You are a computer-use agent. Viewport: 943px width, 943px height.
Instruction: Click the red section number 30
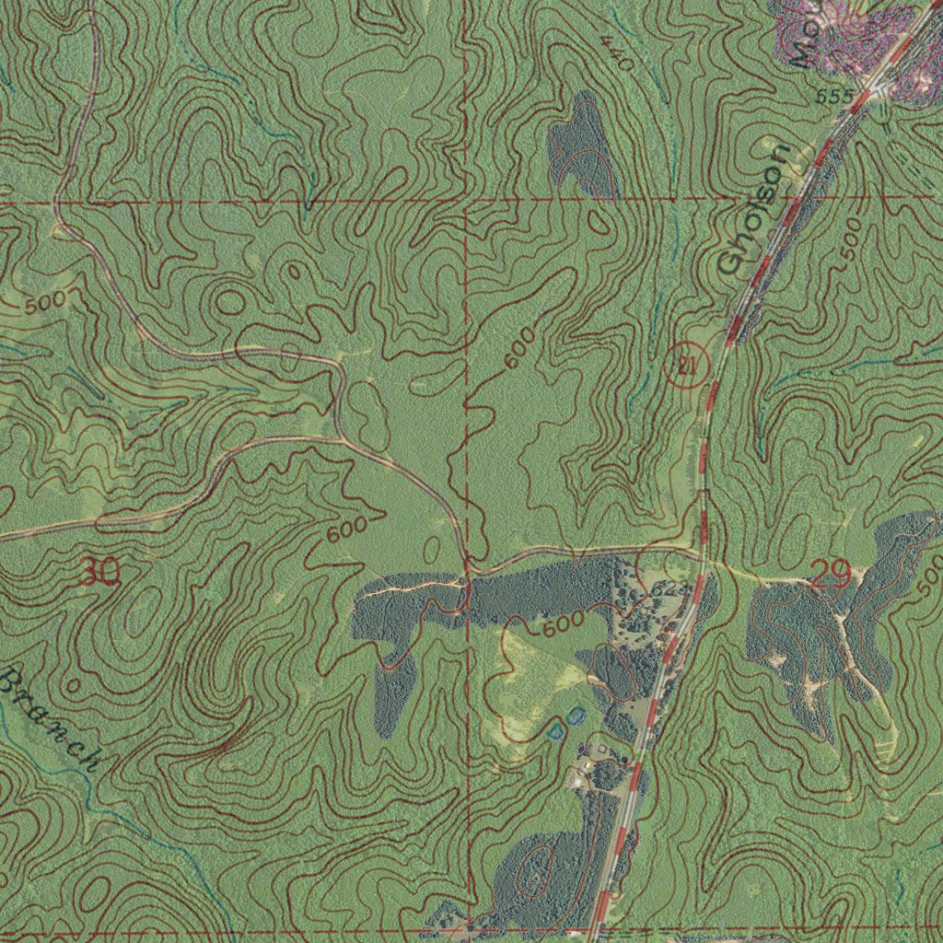click(98, 573)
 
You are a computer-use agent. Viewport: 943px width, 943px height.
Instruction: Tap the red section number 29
click(831, 576)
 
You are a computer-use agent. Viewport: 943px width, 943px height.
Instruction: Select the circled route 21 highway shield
click(685, 366)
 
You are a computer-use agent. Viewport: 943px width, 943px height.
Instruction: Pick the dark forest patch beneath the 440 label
click(581, 147)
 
